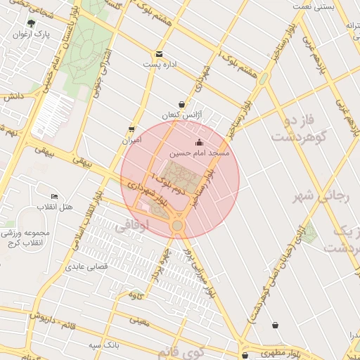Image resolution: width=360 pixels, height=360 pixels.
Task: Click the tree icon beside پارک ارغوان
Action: coord(31,23)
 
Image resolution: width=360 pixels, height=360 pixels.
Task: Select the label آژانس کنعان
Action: coord(182,114)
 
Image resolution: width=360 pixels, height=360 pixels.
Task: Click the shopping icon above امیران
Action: coord(131,129)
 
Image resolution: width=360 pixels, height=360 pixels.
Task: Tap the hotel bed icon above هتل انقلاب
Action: coord(55,196)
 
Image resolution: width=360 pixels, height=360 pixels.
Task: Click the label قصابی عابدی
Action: coord(85,266)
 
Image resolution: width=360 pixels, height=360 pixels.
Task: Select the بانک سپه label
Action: coord(104,345)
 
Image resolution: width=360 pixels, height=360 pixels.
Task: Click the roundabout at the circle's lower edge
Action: coord(176,225)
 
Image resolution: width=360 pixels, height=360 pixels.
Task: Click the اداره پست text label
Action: coord(159,65)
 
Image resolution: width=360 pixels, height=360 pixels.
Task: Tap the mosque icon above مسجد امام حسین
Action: coord(199,142)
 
